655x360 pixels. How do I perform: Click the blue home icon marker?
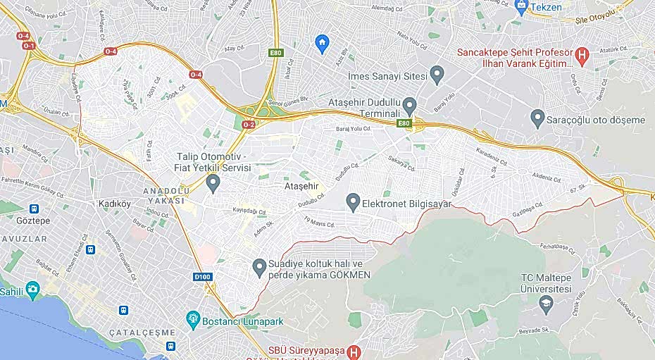pyautogui.click(x=322, y=44)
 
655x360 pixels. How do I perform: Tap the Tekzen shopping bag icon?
pyautogui.click(x=521, y=7)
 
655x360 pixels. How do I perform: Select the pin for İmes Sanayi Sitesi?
pyautogui.click(x=437, y=73)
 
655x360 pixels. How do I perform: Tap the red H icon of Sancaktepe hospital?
pyautogui.click(x=582, y=53)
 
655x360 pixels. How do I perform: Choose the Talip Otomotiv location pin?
pyautogui.click(x=213, y=183)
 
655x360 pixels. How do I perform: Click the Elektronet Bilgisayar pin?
pyautogui.click(x=353, y=203)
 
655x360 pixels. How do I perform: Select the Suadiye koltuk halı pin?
pyautogui.click(x=259, y=267)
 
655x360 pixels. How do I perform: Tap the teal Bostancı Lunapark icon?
pyautogui.click(x=192, y=321)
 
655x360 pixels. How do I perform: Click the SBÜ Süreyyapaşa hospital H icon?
pyautogui.click(x=355, y=351)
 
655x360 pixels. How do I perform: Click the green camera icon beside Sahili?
pyautogui.click(x=32, y=290)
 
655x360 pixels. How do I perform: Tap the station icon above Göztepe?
pyautogui.click(x=34, y=209)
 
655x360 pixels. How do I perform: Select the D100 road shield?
pyautogui.click(x=202, y=277)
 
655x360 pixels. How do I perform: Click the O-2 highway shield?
pyautogui.click(x=248, y=125)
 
